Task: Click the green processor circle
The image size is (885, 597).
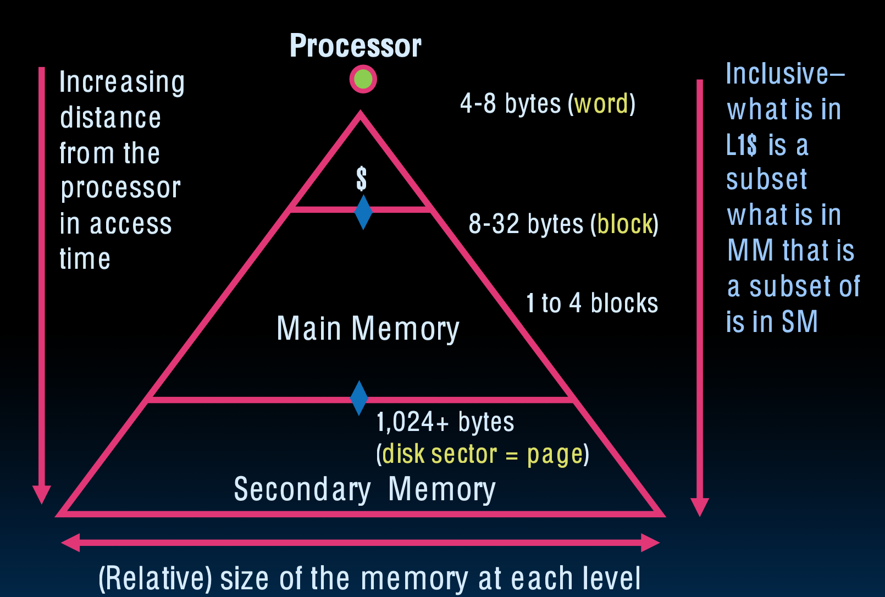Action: coord(363,79)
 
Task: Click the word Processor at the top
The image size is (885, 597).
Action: coord(355,46)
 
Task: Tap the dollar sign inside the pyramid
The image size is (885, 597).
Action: coord(361,179)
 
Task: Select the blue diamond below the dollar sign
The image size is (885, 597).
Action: coord(363,212)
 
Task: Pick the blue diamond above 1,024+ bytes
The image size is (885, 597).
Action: coord(359,397)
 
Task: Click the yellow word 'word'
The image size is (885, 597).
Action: coord(601,104)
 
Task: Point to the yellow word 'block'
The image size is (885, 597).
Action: coord(625,224)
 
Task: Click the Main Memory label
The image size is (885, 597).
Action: coord(368,329)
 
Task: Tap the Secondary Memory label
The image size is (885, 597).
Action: coord(364,489)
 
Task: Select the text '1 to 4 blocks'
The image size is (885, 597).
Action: coord(591,303)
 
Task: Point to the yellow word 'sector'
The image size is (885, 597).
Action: coord(464,455)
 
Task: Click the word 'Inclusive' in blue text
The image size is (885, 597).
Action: coord(777,74)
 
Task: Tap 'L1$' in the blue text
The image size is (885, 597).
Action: coord(741,146)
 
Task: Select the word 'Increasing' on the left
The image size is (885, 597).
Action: coord(121,82)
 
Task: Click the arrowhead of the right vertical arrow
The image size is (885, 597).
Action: coord(699,506)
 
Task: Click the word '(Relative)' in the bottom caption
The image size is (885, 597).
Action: coord(155,578)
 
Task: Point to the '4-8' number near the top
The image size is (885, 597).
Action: coord(478,104)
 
